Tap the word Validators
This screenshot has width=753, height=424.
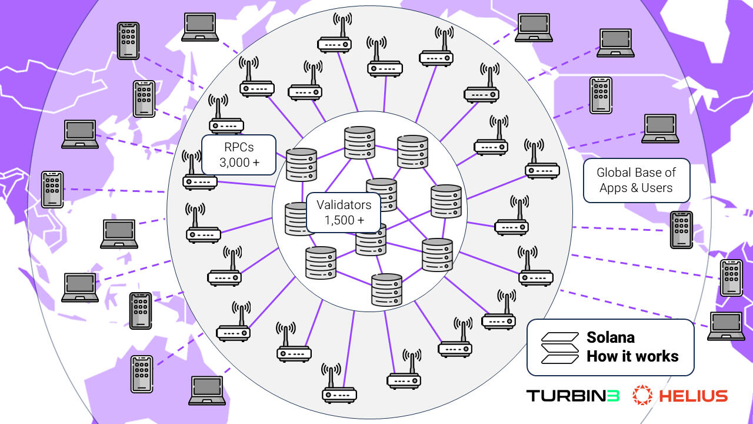tap(344, 205)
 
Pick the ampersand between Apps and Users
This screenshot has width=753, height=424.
tap(631, 188)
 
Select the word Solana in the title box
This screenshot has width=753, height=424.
tap(610, 337)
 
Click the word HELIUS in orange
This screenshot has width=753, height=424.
tap(693, 396)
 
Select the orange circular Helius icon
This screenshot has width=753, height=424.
tap(643, 396)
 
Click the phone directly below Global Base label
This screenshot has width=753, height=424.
tap(681, 230)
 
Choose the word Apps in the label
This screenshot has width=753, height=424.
tap(612, 188)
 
